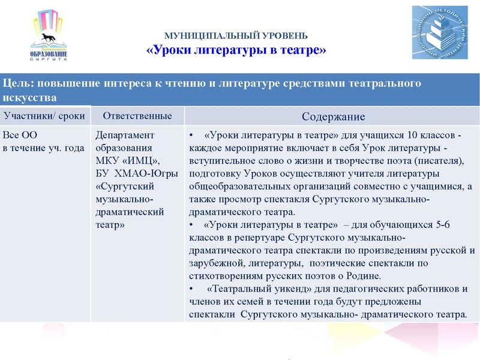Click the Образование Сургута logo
pyautogui.click(x=49, y=37)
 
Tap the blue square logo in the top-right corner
pyautogui.click(x=439, y=32)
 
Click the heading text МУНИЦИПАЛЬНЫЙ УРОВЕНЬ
pyautogui.click(x=236, y=35)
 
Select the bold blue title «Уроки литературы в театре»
pyautogui.click(x=236, y=50)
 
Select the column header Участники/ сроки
pyautogui.click(x=44, y=116)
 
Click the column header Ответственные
pyautogui.click(x=137, y=116)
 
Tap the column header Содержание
pyautogui.click(x=333, y=116)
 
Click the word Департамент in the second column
pyautogui.click(x=125, y=135)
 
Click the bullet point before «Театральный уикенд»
pyautogui.click(x=191, y=289)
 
